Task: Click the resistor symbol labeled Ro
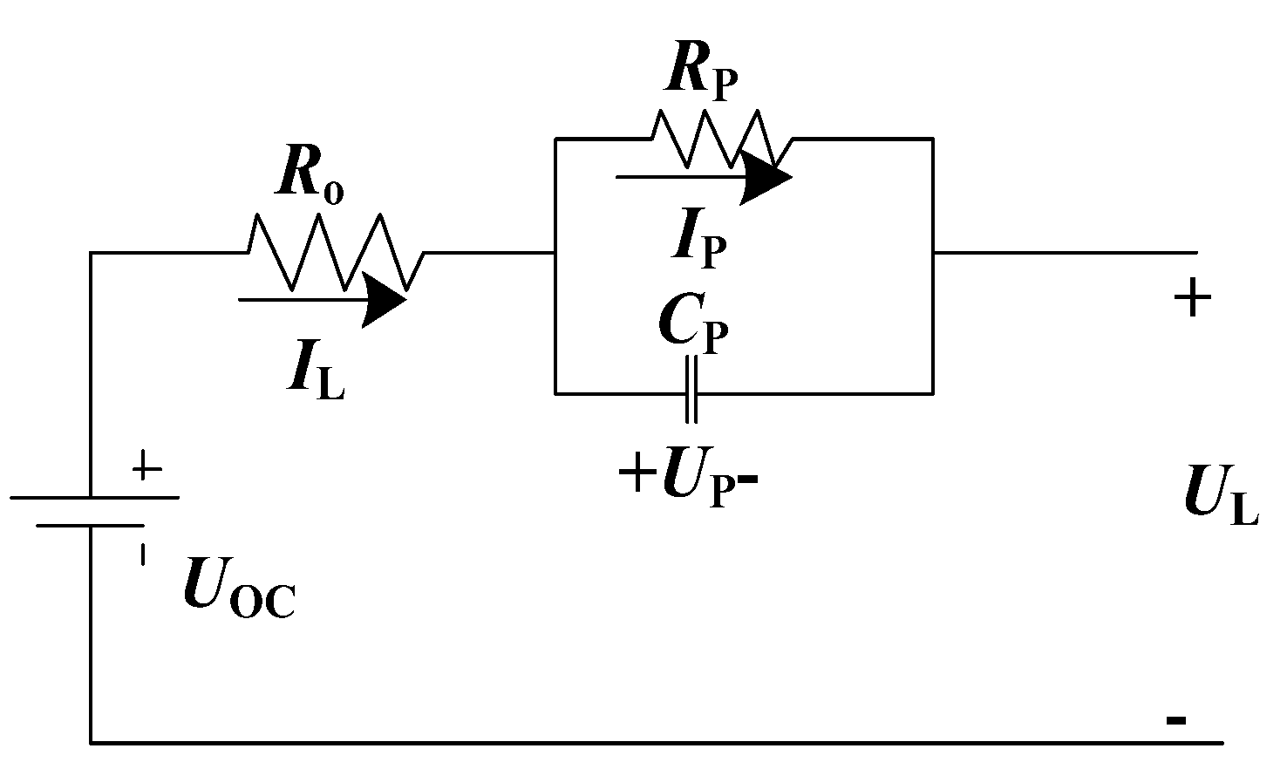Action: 336,252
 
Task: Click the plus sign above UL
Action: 1192,300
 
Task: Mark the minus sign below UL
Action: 1175,720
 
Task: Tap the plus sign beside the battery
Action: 146,469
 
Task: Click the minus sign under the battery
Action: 142,555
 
